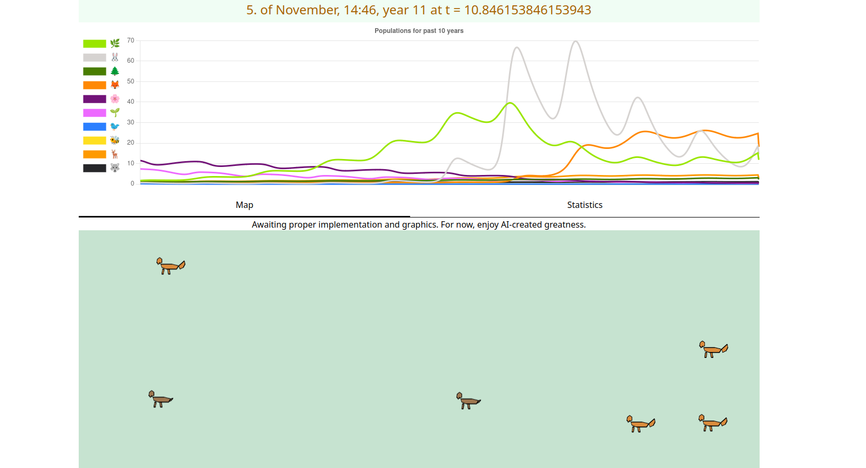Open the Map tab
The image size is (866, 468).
pyautogui.click(x=244, y=205)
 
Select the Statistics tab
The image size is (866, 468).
pyautogui.click(x=585, y=205)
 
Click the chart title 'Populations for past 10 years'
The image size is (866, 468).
pyautogui.click(x=419, y=31)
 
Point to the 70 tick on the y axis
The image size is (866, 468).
pyautogui.click(x=131, y=40)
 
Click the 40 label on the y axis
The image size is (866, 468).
pyautogui.click(x=131, y=102)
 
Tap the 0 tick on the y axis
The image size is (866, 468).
pyautogui.click(x=132, y=183)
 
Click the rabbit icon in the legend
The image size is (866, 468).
pyautogui.click(x=115, y=57)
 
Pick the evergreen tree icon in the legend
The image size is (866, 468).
pyautogui.click(x=115, y=71)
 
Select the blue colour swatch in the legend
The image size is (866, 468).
pyautogui.click(x=95, y=127)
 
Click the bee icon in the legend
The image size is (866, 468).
pyautogui.click(x=115, y=140)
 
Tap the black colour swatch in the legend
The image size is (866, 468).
pyautogui.click(x=95, y=168)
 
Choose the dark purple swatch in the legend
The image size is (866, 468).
pyautogui.click(x=95, y=99)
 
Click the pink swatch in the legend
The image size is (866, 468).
pyautogui.click(x=95, y=113)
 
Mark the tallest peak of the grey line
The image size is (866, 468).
pyautogui.click(x=576, y=41)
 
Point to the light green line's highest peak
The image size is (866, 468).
pyautogui.click(x=510, y=103)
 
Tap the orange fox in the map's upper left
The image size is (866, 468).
pyautogui.click(x=170, y=265)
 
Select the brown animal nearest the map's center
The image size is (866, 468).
pyautogui.click(x=468, y=400)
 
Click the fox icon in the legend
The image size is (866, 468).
pyautogui.click(x=115, y=85)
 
